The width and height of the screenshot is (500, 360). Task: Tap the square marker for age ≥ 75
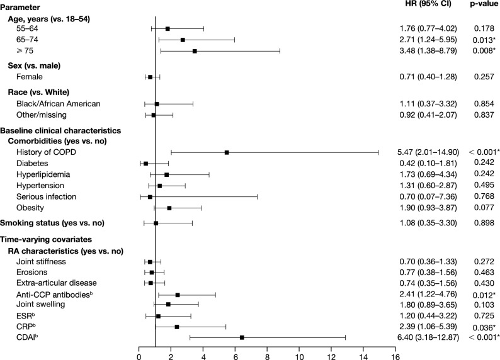tap(195, 51)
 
